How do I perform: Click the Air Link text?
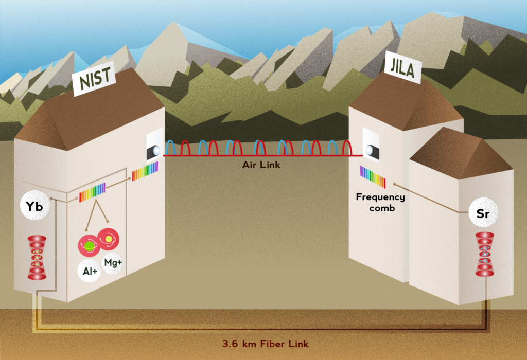pos(261,165)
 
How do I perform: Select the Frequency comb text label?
pos(380,202)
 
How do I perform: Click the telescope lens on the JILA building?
pos(370,151)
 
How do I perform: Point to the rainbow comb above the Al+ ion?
pos(92,192)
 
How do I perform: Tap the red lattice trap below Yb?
pos(37,258)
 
